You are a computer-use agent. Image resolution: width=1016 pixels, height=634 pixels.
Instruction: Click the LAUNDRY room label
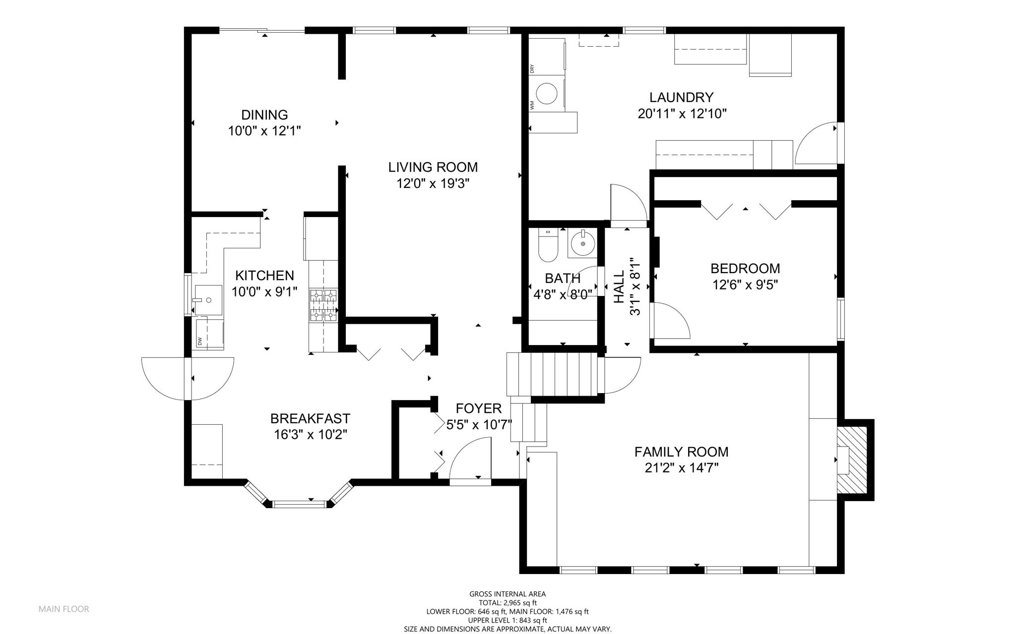coord(682,97)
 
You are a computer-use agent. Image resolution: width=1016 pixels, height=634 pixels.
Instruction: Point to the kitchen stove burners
coord(323,305)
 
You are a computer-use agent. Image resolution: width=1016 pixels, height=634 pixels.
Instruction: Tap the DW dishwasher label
coord(200,341)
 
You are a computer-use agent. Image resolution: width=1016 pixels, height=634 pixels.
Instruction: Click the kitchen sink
coord(208,300)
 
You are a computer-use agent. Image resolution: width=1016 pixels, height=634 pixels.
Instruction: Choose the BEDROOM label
coord(745,269)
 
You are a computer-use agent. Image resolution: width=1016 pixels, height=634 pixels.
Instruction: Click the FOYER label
coord(479,408)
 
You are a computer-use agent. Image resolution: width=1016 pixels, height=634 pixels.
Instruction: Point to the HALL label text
coord(619,287)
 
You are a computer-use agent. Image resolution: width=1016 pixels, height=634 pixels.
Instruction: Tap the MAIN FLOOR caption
coord(64,609)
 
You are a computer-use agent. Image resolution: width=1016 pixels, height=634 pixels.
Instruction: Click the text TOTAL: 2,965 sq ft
coord(508,603)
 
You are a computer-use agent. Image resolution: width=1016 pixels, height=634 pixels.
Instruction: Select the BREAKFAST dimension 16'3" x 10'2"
coord(310,435)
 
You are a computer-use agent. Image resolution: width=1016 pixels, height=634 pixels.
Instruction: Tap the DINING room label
coord(264,115)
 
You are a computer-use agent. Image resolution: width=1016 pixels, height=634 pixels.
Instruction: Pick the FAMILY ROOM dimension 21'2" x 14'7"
coord(682,468)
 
